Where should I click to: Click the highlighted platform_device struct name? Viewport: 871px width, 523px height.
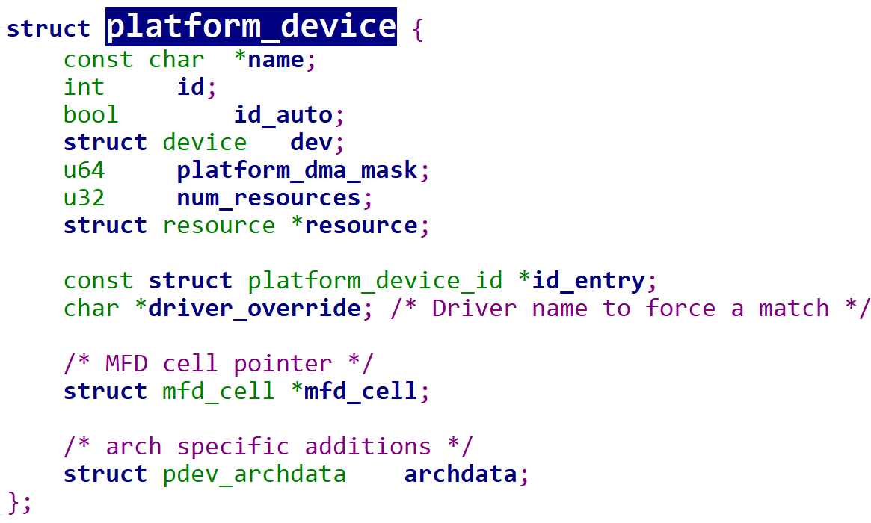[x=251, y=27]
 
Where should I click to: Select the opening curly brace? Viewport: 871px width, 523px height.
[x=418, y=29]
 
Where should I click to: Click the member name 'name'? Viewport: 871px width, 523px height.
[x=276, y=60]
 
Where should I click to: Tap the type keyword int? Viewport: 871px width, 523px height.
[x=84, y=87]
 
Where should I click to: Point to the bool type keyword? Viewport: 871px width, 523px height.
[x=91, y=115]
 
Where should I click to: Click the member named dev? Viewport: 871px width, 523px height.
[x=311, y=143]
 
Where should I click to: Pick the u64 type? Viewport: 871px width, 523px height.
[x=84, y=170]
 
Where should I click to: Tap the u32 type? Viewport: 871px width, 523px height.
[x=84, y=198]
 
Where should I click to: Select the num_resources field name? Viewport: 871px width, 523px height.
[x=269, y=199]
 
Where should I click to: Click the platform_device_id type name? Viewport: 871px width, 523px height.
[x=375, y=282]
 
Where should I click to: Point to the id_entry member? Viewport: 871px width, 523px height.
[x=589, y=282]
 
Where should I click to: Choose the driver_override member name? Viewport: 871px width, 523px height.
[x=255, y=309]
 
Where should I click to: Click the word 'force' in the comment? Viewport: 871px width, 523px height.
[x=680, y=309]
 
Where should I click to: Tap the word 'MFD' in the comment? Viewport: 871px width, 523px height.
[x=126, y=364]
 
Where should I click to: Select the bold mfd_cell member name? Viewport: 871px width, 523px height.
[x=361, y=392]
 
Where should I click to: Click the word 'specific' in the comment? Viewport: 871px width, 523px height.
[x=233, y=448]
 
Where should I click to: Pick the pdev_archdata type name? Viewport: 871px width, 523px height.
[x=254, y=475]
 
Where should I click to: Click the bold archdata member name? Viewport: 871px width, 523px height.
[x=461, y=474]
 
